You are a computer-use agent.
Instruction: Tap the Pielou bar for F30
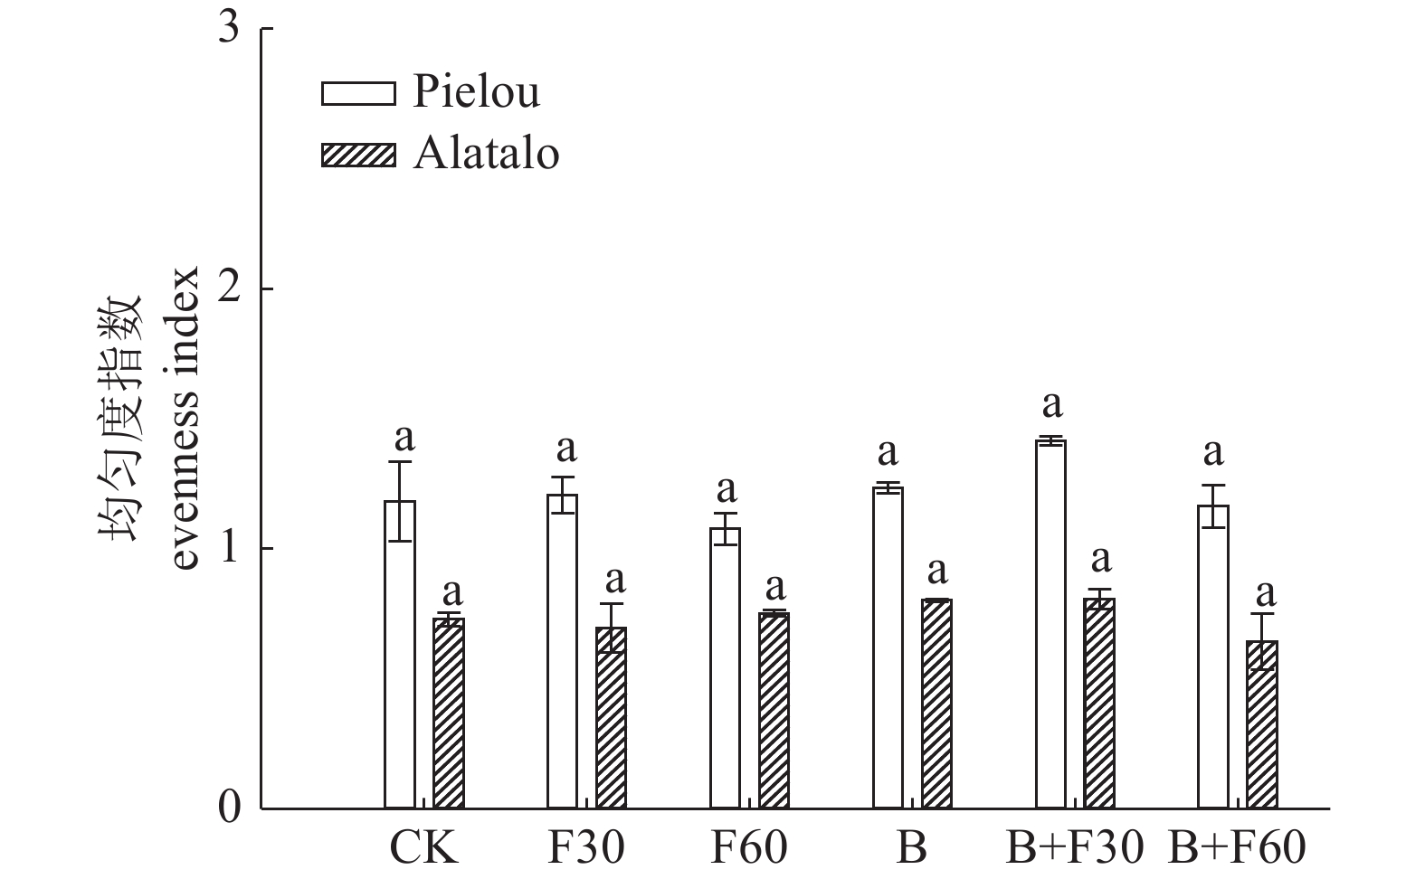click(562, 651)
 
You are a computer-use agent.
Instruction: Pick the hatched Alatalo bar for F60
click(774, 710)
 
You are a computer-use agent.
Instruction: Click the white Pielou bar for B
click(888, 647)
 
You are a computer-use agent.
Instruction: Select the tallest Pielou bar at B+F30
click(1050, 624)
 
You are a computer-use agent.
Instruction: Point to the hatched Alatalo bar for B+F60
click(1262, 724)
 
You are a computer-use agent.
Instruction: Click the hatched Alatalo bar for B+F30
click(1099, 703)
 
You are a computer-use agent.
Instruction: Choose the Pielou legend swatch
click(358, 93)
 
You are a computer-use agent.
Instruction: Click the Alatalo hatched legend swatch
click(358, 155)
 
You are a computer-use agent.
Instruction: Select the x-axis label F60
click(748, 849)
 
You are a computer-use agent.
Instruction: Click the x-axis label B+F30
click(1075, 849)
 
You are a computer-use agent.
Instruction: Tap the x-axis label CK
click(423, 849)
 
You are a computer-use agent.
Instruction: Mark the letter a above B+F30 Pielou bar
click(1051, 403)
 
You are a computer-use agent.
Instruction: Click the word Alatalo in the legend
click(487, 155)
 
